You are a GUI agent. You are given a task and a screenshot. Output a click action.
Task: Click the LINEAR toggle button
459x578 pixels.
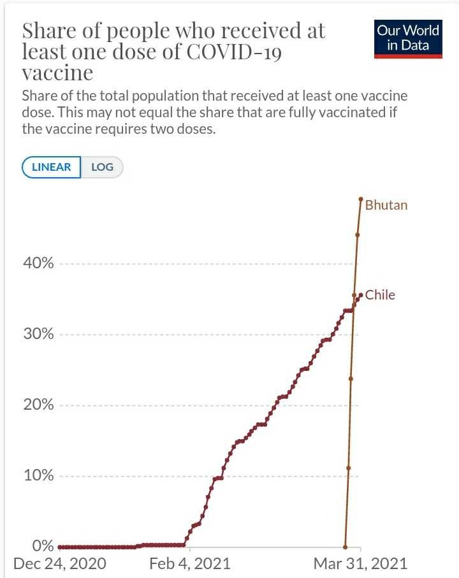pyautogui.click(x=51, y=167)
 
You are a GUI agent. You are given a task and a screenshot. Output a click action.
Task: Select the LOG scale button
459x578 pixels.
pyautogui.click(x=102, y=167)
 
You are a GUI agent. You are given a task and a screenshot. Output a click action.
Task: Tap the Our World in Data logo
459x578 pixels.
pyautogui.click(x=408, y=38)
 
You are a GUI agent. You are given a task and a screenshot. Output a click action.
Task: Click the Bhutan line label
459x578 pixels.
pyautogui.click(x=386, y=205)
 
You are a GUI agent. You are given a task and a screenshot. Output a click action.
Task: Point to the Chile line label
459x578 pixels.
pyautogui.click(x=380, y=295)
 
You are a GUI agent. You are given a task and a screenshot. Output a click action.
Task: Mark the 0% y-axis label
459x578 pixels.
pyautogui.click(x=44, y=546)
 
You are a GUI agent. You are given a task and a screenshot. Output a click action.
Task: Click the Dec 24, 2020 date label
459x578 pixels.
pyautogui.click(x=59, y=564)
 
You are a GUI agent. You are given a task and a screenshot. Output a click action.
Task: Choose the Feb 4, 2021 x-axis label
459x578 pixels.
pyautogui.click(x=190, y=564)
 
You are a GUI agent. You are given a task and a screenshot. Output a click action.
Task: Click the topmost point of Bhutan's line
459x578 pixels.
pyautogui.click(x=361, y=199)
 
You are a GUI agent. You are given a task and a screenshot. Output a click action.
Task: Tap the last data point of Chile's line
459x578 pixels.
pyautogui.click(x=361, y=294)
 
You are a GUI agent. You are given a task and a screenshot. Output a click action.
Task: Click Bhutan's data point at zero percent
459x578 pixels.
pyautogui.click(x=345, y=547)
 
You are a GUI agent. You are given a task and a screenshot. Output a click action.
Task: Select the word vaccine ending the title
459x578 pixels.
pyautogui.click(x=57, y=73)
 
